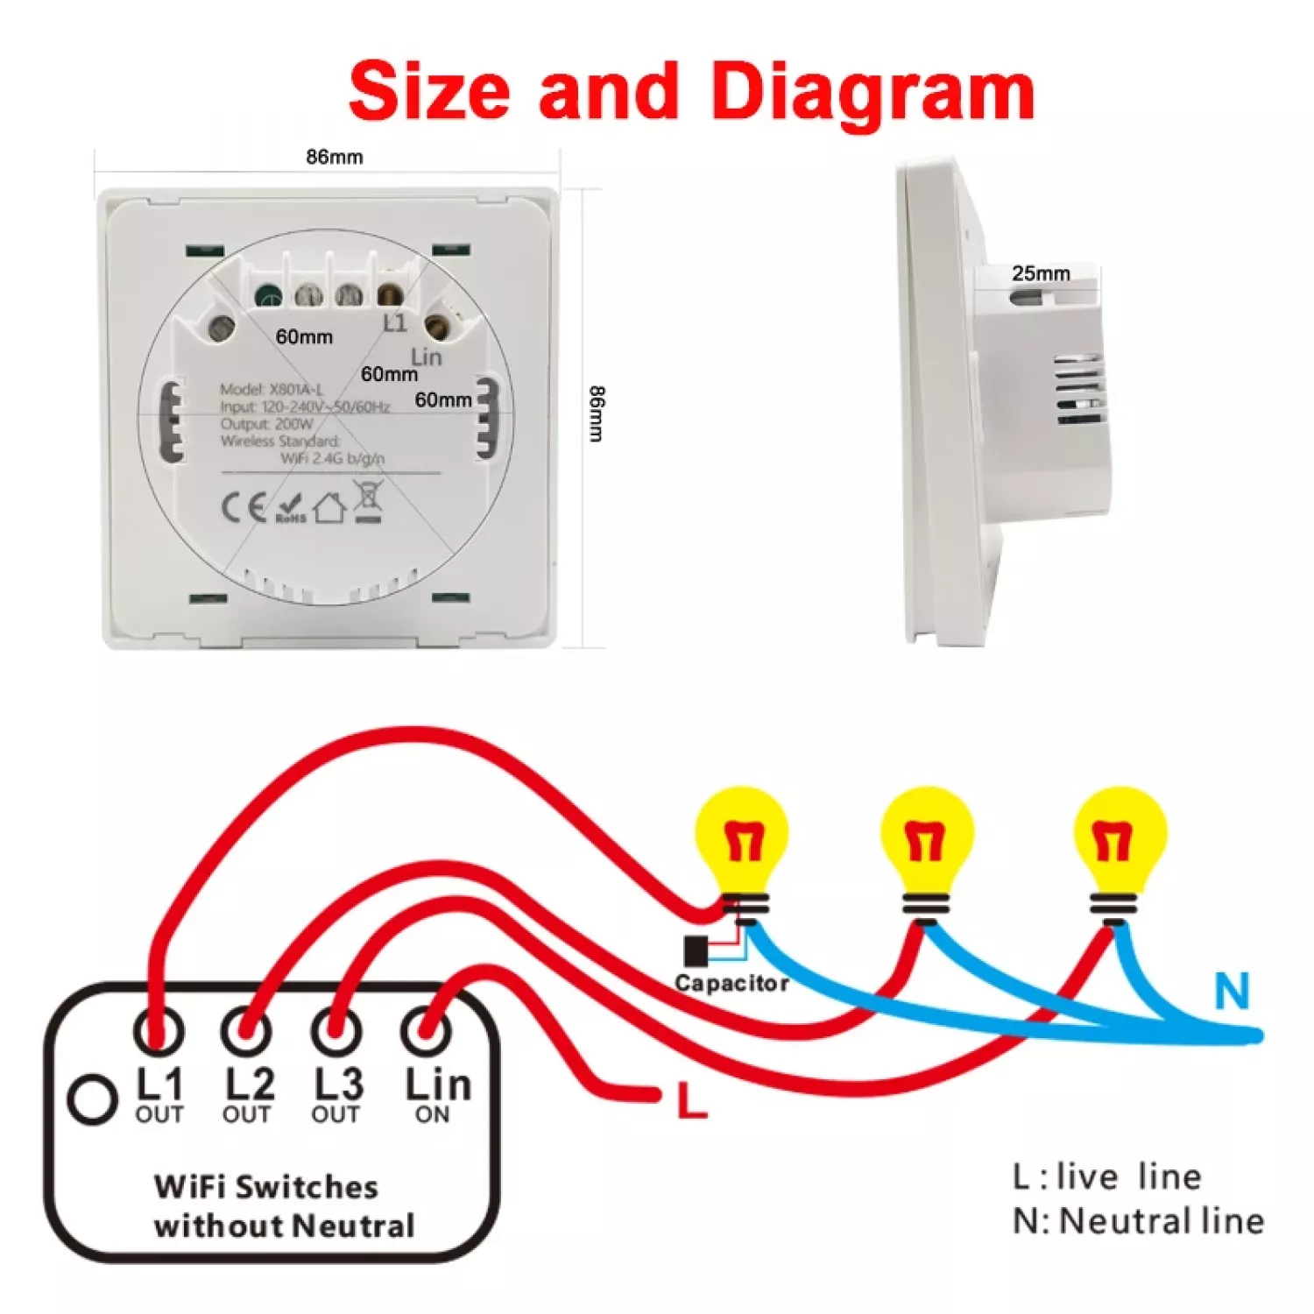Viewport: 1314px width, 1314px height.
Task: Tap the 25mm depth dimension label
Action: coord(1041,273)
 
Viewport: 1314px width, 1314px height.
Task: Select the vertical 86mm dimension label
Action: coord(596,413)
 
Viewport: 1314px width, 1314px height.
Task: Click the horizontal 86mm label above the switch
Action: coord(334,157)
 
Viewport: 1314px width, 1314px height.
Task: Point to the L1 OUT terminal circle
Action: coord(159,1031)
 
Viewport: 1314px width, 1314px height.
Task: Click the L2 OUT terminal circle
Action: coord(246,1031)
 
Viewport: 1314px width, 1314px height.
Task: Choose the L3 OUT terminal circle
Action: coord(336,1031)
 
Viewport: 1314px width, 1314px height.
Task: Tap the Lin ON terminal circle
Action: coord(427,1031)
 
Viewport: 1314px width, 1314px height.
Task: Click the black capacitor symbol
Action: coord(696,950)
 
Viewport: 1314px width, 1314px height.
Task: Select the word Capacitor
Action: coord(731,984)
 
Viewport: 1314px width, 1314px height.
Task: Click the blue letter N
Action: coord(1232,993)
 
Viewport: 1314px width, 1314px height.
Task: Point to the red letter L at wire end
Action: coord(692,1101)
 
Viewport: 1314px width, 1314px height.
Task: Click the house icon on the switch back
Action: coord(329,508)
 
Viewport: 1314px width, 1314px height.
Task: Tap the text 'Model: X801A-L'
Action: coord(272,390)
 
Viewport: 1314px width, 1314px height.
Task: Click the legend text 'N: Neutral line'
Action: coord(1138,1221)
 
